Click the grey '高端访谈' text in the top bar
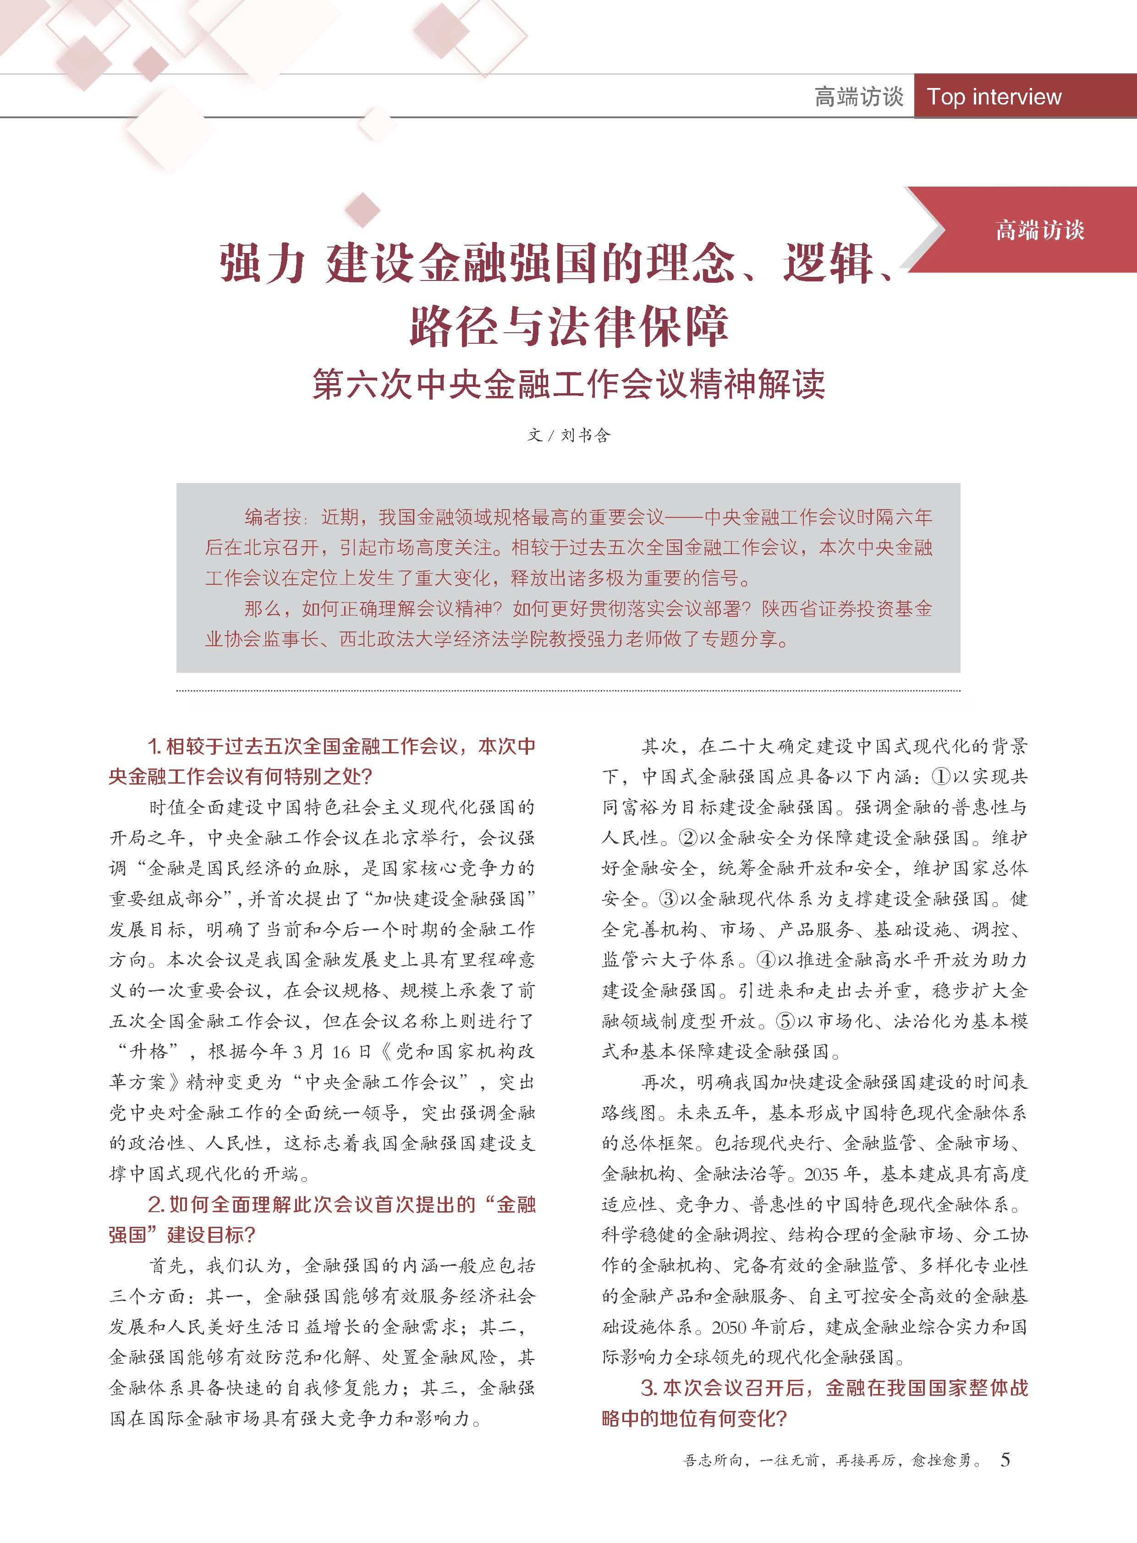click(858, 97)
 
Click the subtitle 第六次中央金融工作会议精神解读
click(568, 384)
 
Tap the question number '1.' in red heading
click(154, 747)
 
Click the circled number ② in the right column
click(687, 838)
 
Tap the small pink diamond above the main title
click(363, 209)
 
